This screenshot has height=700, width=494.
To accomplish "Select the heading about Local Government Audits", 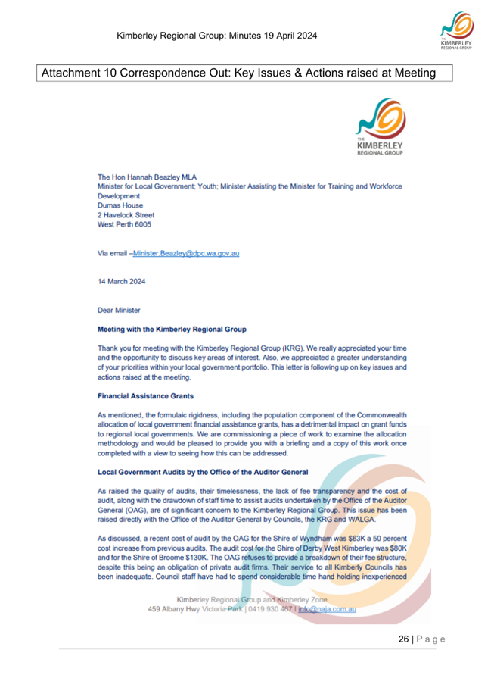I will point(204,471).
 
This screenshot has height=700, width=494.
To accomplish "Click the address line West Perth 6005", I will point(126,225).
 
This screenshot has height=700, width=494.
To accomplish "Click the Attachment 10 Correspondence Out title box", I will point(238,73).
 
